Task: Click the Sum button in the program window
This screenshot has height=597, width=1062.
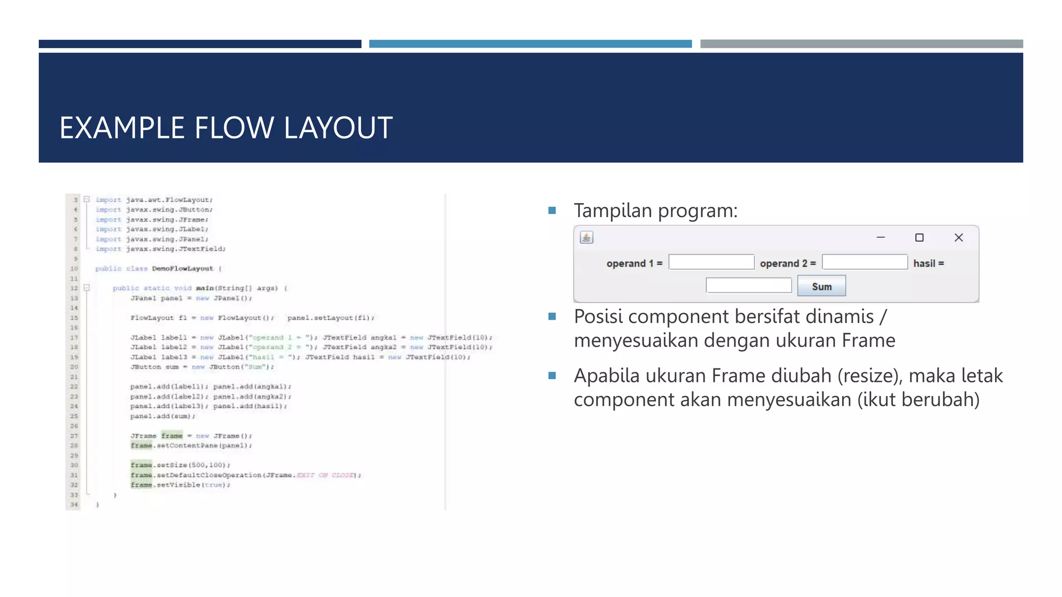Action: click(821, 286)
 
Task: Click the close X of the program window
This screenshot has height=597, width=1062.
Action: click(958, 237)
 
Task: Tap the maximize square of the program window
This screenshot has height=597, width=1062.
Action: click(919, 237)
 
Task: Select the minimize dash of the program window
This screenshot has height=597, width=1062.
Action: click(881, 237)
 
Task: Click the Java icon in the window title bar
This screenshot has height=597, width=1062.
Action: click(586, 237)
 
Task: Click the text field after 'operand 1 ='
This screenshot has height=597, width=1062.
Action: click(711, 262)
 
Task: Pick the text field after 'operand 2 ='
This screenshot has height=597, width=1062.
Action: click(865, 262)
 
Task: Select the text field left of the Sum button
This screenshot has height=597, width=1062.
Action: click(749, 286)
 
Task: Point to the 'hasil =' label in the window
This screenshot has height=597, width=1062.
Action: click(928, 263)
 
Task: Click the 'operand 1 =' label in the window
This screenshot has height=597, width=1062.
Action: click(634, 263)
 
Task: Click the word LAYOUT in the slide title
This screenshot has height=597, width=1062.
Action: click(338, 128)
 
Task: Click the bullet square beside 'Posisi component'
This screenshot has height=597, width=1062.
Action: click(552, 316)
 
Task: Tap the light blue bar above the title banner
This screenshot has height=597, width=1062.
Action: click(530, 44)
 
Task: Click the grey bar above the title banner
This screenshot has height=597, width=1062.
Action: click(861, 44)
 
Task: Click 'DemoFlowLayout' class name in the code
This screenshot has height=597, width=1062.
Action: click(183, 268)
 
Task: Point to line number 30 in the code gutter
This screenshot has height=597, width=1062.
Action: click(74, 465)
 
